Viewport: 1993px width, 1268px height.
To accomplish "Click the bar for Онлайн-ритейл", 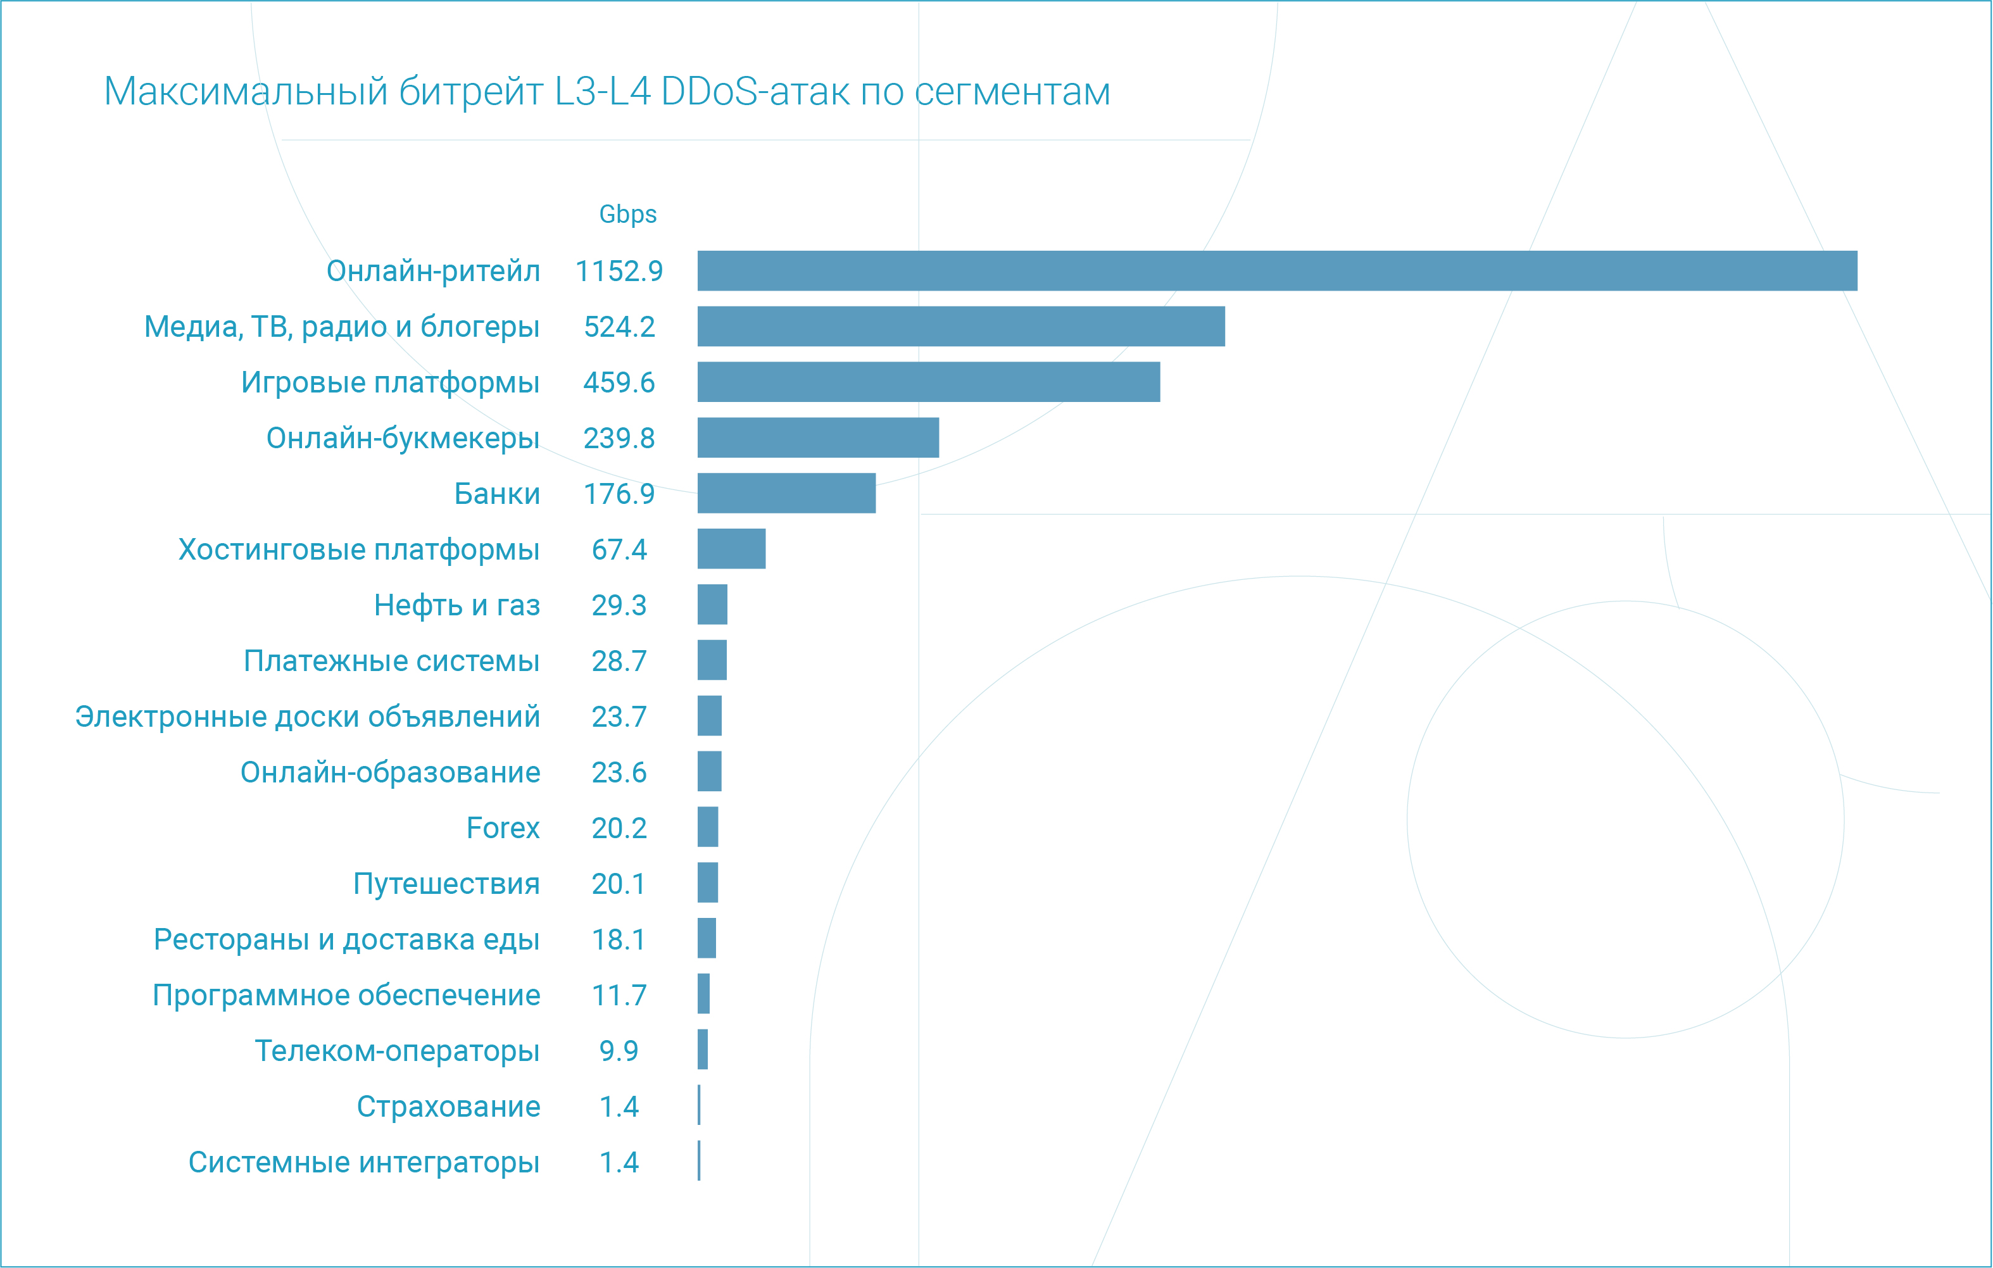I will (1277, 271).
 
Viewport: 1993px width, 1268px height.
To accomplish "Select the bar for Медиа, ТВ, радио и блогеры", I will (961, 326).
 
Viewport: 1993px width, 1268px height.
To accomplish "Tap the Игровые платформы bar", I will (929, 382).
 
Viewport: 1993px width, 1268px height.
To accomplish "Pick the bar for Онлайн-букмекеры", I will (818, 437).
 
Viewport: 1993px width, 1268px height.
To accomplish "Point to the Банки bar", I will (786, 493).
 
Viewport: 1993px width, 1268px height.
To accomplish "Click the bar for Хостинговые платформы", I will (732, 549).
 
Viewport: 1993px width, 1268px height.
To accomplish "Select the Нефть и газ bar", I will (713, 604).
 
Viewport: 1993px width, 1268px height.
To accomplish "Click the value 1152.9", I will (619, 272).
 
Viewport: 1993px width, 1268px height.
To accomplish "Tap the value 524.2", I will (619, 327).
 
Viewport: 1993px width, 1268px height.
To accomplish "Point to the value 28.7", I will (619, 662).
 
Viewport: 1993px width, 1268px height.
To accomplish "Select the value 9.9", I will (619, 1051).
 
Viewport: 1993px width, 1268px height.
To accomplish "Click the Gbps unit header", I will (627, 215).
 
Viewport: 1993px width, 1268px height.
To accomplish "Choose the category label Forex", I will (503, 827).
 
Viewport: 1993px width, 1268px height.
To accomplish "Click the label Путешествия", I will (446, 884).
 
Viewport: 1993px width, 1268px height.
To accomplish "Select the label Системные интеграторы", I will (363, 1162).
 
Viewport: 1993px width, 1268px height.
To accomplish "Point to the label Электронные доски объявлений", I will (307, 717).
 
